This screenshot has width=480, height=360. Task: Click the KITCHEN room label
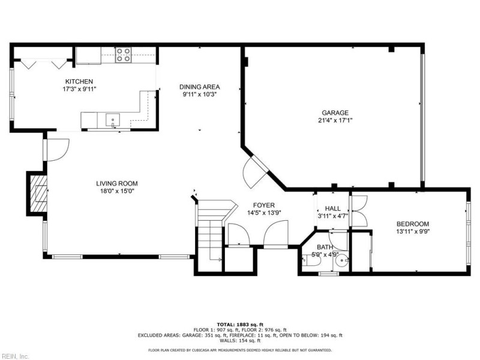pyautogui.click(x=79, y=81)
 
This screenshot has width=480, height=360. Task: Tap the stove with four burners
pyautogui.click(x=124, y=55)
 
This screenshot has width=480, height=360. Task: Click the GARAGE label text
pyautogui.click(x=335, y=112)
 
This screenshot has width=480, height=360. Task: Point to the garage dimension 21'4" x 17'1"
pyautogui.click(x=335, y=120)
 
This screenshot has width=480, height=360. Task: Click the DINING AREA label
pyautogui.click(x=199, y=86)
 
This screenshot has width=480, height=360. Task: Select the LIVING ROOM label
pyautogui.click(x=117, y=184)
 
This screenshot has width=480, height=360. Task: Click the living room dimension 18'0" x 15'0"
pyautogui.click(x=117, y=191)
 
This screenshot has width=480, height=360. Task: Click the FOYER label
pyautogui.click(x=264, y=205)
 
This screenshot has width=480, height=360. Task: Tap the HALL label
pyautogui.click(x=333, y=208)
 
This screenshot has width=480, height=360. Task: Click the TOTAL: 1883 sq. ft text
pyautogui.click(x=240, y=324)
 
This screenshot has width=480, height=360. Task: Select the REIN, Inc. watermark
pyautogui.click(x=15, y=356)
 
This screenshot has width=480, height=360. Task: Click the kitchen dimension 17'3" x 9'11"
pyautogui.click(x=79, y=89)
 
